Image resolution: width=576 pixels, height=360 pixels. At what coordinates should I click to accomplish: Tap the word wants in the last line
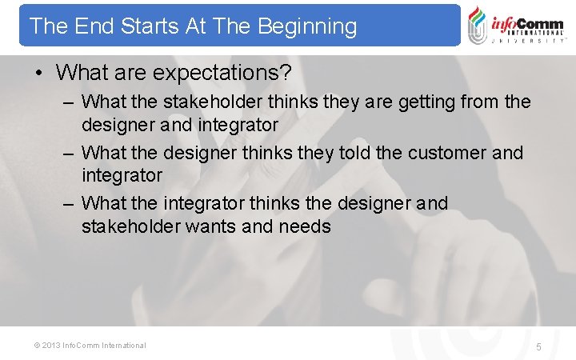211,226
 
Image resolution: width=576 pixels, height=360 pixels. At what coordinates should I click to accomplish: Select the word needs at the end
305,226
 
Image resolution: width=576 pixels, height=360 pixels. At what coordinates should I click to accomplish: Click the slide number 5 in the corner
538,347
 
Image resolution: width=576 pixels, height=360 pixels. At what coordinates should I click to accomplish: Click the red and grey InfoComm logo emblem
478,25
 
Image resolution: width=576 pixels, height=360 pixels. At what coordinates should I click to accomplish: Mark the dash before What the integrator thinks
69,204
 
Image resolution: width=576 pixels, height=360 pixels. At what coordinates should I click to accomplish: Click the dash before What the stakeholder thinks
69,102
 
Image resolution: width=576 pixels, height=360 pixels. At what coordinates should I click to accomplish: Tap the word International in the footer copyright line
123,346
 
